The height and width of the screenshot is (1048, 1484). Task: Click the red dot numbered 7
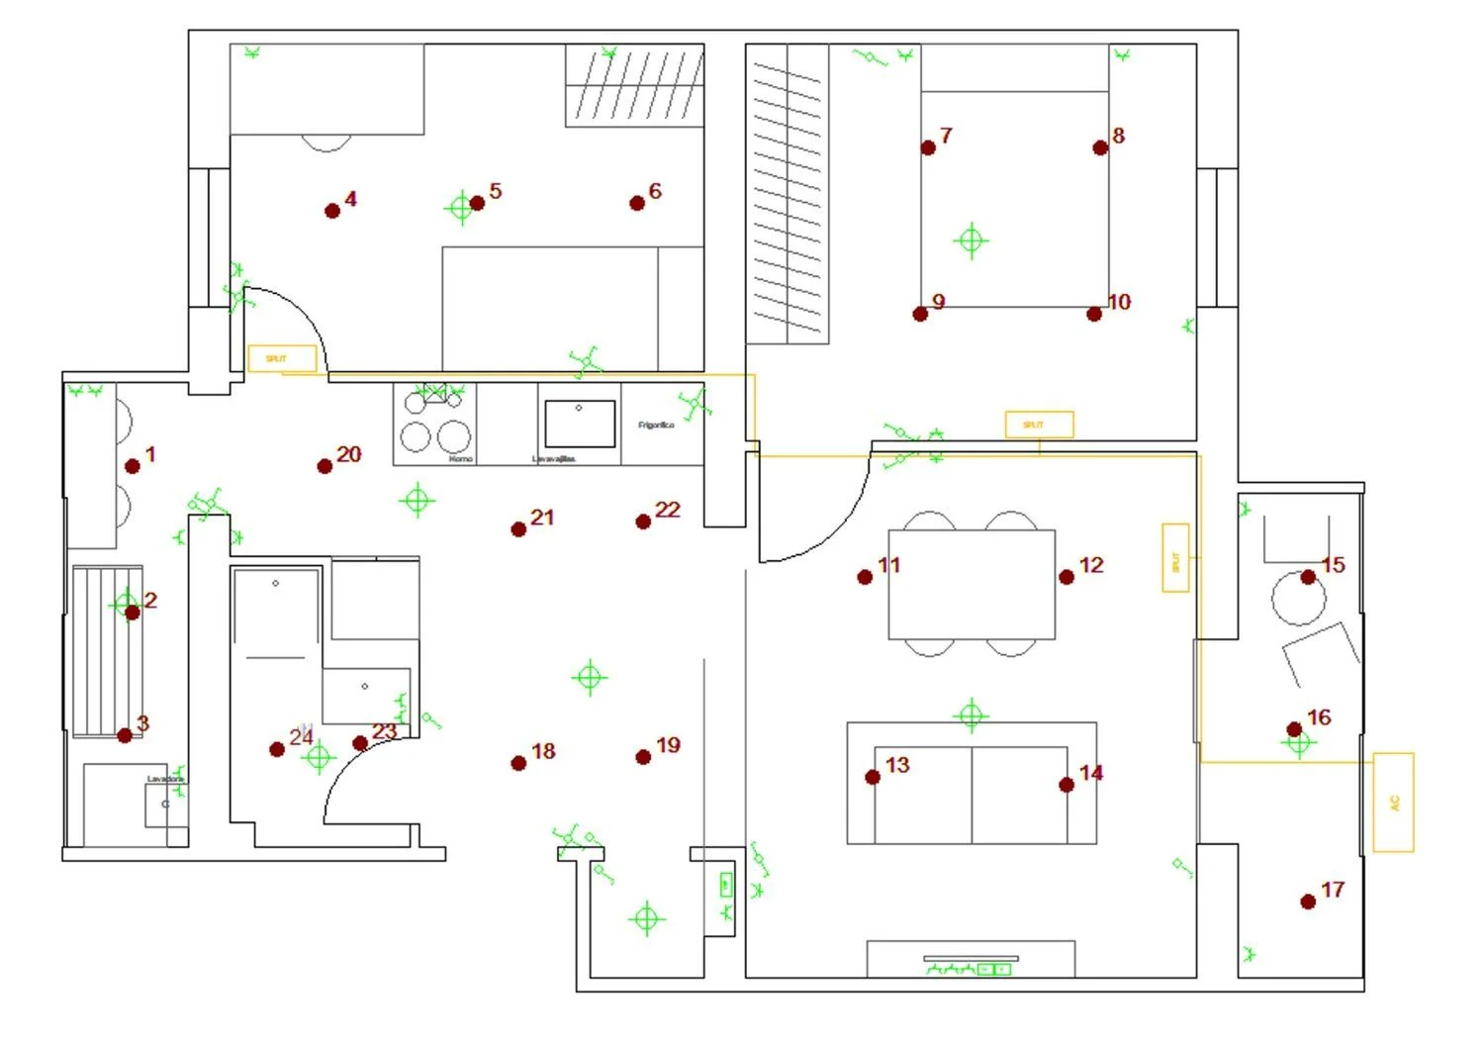click(x=928, y=147)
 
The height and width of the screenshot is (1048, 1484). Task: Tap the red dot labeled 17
click(x=1308, y=902)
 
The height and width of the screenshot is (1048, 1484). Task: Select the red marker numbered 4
click(x=332, y=211)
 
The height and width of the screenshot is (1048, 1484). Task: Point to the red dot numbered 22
click(x=643, y=522)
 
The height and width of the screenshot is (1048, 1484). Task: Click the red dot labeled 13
click(x=873, y=777)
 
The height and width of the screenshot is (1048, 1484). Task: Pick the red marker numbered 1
click(x=133, y=466)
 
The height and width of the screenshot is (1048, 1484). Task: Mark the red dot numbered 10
click(x=1094, y=314)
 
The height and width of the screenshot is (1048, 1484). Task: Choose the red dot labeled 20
click(x=325, y=466)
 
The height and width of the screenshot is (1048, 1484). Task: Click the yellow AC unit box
click(x=1393, y=803)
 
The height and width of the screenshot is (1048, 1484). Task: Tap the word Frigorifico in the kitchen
click(x=656, y=425)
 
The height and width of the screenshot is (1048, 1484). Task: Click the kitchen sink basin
click(x=579, y=424)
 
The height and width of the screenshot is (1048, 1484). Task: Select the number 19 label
click(x=668, y=745)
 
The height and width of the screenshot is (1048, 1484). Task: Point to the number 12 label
click(x=1091, y=565)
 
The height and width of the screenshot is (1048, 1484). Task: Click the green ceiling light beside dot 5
click(x=460, y=208)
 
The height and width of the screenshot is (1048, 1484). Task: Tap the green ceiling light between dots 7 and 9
click(x=971, y=239)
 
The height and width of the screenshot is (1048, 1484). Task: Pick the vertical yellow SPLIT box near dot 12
click(x=1175, y=558)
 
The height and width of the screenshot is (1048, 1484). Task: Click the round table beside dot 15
click(x=1297, y=598)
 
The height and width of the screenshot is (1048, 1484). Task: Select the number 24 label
click(x=302, y=736)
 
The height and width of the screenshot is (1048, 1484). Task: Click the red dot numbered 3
click(x=125, y=735)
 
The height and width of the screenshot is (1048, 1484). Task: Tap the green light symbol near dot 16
click(x=1298, y=742)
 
